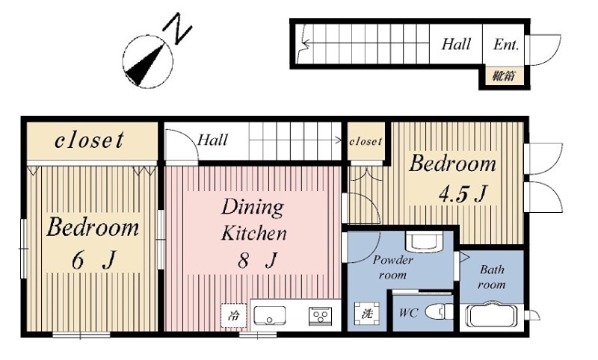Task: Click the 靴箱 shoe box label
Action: point(503,76)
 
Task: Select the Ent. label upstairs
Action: point(506,45)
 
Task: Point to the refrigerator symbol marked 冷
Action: point(233,315)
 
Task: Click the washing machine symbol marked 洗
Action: point(367,314)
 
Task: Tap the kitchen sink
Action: point(270,315)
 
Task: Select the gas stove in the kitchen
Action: point(320,316)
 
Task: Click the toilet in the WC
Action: point(439,311)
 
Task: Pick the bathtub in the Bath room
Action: point(491,314)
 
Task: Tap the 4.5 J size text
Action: point(462,194)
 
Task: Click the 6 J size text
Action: point(93,260)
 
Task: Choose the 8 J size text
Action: point(256,261)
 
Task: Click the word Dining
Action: point(253,208)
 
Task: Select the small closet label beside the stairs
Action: point(366,141)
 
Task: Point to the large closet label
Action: point(89,140)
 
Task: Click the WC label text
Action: point(408,313)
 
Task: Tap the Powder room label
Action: point(392,267)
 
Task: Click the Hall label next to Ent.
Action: point(456,44)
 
